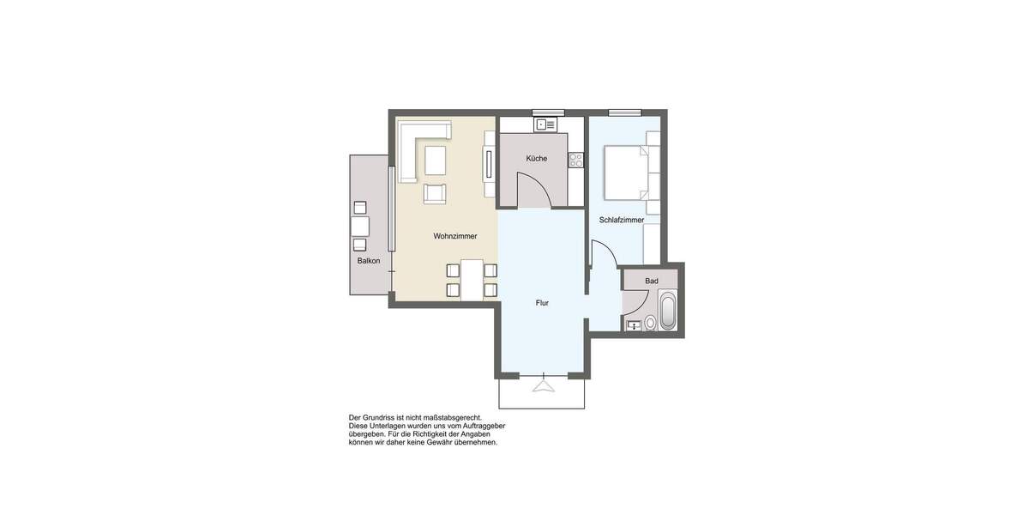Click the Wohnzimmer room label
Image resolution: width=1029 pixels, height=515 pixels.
(x=454, y=236)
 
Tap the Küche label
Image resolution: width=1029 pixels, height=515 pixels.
(x=537, y=158)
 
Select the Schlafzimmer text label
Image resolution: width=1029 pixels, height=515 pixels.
(x=622, y=220)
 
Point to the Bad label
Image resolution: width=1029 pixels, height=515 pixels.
(x=652, y=281)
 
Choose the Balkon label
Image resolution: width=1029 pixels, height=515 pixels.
(x=369, y=260)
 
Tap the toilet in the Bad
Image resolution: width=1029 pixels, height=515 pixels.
(x=650, y=323)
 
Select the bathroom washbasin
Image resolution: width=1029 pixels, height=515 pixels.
(x=634, y=324)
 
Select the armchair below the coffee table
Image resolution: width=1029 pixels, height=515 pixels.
(x=436, y=192)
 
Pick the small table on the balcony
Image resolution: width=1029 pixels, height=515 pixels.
(x=360, y=226)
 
